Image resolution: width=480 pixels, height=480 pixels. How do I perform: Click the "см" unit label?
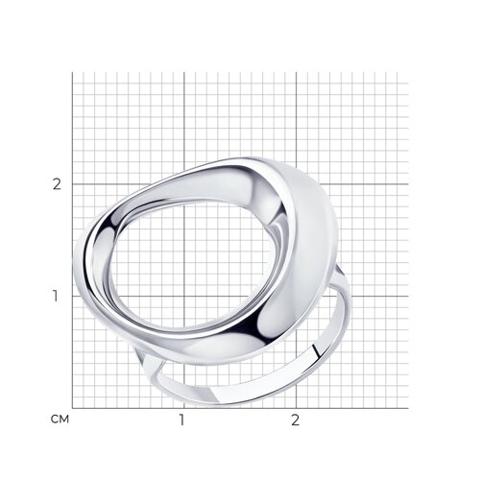60,419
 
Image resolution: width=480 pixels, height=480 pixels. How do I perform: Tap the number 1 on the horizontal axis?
181,420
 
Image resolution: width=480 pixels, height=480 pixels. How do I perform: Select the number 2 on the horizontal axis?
296,420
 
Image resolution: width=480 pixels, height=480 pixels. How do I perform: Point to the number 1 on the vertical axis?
56,296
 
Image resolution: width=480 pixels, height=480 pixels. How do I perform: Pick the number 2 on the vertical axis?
57,184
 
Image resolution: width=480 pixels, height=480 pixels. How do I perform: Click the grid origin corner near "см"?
72,408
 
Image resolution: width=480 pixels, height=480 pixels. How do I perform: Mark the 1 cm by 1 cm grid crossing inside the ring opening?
184,296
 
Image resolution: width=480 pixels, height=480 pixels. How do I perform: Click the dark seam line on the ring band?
317,351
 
